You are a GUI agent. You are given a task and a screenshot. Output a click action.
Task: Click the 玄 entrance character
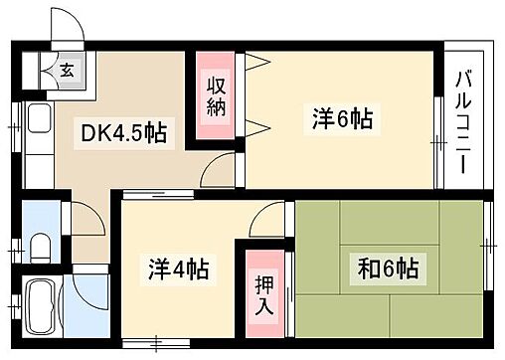67,70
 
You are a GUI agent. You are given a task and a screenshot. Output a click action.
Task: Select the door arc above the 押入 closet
266,222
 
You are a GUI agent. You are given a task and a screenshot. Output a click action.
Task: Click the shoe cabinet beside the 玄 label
46,72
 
